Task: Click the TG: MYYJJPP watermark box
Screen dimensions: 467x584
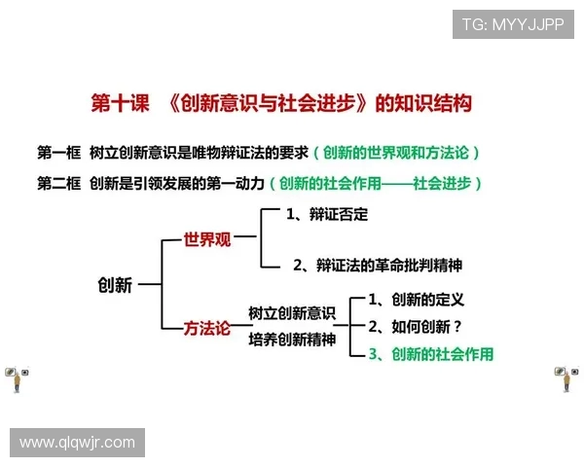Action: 512,25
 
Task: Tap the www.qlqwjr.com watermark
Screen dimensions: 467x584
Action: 77,443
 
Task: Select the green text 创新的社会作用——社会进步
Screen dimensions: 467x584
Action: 380,183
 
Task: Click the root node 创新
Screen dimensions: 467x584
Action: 114,285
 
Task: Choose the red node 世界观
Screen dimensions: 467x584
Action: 207,239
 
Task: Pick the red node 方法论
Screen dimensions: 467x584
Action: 207,329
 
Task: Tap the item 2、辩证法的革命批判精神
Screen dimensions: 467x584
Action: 378,264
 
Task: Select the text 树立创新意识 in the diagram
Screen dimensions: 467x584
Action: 292,313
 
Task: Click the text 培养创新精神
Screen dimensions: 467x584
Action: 292,340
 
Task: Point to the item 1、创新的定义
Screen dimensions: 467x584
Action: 416,300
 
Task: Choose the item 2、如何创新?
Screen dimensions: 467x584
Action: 415,327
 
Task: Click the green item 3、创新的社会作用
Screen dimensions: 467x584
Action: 429,354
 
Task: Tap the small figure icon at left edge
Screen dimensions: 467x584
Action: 17,378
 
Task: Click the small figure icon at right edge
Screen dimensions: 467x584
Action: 566,378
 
